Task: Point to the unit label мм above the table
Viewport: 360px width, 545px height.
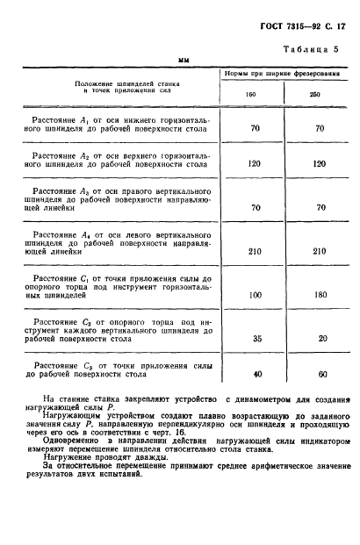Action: pyautogui.click(x=184, y=61)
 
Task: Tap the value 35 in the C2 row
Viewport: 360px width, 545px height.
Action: pyautogui.click(x=258, y=338)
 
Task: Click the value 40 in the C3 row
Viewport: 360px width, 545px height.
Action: pyautogui.click(x=258, y=372)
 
